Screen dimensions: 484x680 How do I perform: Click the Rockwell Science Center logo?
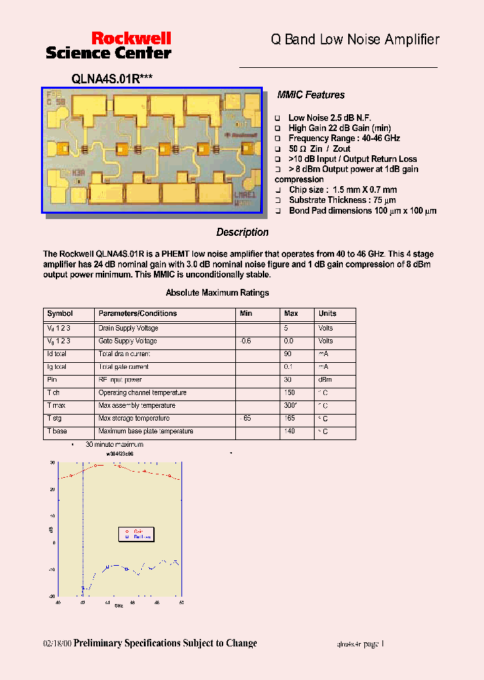[108, 45]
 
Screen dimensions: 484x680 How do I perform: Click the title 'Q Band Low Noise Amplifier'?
[355, 40]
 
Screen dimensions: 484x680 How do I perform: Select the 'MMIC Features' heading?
[311, 95]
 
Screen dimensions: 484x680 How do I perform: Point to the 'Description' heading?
[242, 232]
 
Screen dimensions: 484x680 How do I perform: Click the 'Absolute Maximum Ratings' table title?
[217, 293]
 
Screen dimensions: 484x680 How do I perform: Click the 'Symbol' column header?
[60, 314]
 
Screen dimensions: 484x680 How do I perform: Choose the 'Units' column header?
[327, 314]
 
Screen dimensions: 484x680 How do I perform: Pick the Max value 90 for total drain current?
[288, 354]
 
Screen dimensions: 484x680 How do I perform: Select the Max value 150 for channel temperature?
[289, 392]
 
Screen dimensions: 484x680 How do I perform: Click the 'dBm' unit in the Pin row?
[325, 380]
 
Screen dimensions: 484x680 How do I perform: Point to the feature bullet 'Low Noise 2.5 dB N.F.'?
[329, 118]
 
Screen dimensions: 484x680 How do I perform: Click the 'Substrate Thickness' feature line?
[342, 200]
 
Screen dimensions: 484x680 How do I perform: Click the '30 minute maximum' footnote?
[114, 445]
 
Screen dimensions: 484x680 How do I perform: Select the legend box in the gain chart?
[136, 534]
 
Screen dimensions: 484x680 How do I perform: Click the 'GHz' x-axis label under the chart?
[118, 606]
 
